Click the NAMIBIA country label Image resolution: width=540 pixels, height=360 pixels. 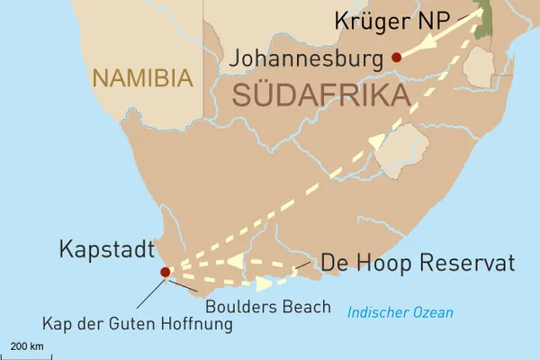click(141, 78)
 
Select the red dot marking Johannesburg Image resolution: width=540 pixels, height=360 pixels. click(396, 57)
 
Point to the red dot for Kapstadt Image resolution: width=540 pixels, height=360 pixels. click(165, 272)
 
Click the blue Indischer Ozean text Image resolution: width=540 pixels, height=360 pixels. click(400, 312)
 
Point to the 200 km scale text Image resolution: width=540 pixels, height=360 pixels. click(26, 346)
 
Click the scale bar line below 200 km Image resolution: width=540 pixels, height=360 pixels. click(26, 355)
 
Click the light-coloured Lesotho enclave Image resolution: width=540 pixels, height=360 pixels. click(400, 150)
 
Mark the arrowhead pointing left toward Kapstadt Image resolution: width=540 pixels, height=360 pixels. click(235, 261)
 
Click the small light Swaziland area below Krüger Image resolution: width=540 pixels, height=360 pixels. click(479, 64)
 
